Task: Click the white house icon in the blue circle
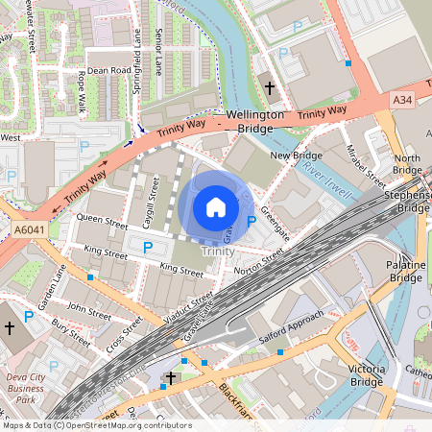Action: click(216, 206)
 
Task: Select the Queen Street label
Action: click(102, 219)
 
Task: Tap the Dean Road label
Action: click(108, 70)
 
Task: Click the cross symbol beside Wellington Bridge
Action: click(270, 88)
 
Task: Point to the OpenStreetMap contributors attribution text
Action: click(96, 425)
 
